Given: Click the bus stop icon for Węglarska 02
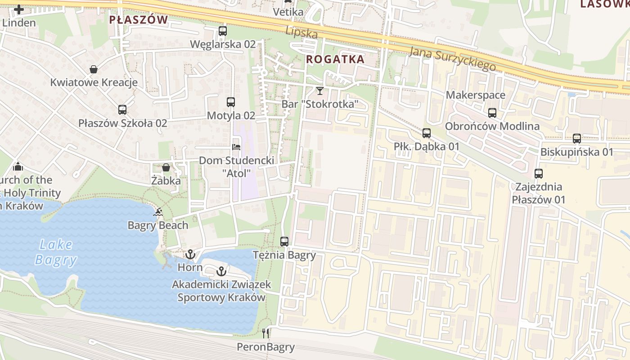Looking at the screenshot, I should pyautogui.click(x=223, y=31).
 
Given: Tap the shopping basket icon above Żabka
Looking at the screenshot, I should pyautogui.click(x=166, y=167).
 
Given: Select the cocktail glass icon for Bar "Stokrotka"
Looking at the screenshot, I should pyautogui.click(x=320, y=91).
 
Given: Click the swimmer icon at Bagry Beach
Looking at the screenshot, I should pyautogui.click(x=158, y=211).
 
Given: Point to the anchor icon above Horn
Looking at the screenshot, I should pyautogui.click(x=190, y=254).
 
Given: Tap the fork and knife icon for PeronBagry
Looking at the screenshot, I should pyautogui.click(x=266, y=333).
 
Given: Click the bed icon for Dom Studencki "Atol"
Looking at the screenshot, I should pyautogui.click(x=236, y=147).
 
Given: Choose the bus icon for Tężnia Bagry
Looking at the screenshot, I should pyautogui.click(x=284, y=241).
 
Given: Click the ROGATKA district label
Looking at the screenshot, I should pyautogui.click(x=335, y=59).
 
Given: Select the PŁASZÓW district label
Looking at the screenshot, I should pyautogui.click(x=139, y=20).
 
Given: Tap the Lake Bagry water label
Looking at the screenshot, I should pyautogui.click(x=56, y=252).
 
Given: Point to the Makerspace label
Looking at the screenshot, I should pyautogui.click(x=476, y=95).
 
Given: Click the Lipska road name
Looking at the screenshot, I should pyautogui.click(x=302, y=32).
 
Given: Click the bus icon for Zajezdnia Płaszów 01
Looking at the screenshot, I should pyautogui.click(x=538, y=173).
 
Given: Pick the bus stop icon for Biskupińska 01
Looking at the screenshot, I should pyautogui.click(x=577, y=139).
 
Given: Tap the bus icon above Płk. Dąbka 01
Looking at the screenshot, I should pyautogui.click(x=427, y=133).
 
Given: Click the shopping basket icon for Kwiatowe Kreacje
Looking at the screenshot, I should pyautogui.click(x=94, y=69).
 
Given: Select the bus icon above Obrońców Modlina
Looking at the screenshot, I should pyautogui.click(x=492, y=113).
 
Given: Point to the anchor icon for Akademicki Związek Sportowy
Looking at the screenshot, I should pyautogui.click(x=221, y=271).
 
